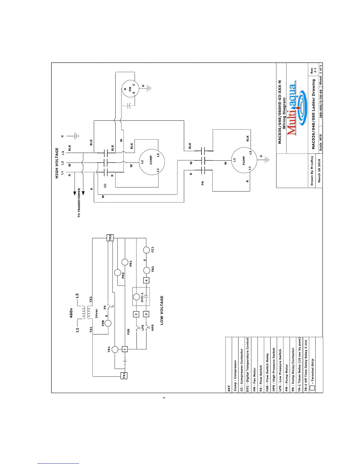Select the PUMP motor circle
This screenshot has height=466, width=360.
point(244,160)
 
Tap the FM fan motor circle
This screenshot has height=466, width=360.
point(130,89)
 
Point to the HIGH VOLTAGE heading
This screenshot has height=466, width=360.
point(57,163)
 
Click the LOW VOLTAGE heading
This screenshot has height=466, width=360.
point(162,310)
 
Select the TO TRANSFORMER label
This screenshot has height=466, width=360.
point(79,203)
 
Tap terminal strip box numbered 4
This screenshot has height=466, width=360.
point(146,280)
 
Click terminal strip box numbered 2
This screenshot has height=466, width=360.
point(136,314)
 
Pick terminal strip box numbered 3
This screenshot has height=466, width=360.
point(146,314)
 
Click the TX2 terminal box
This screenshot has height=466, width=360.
point(110,238)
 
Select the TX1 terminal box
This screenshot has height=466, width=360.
point(124,375)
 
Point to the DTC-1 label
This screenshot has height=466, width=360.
point(142,297)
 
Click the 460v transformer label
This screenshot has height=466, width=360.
point(71,313)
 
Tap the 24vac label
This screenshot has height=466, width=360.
point(96,313)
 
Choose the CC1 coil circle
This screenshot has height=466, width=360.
point(146,250)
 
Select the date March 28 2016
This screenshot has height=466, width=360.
point(319,171)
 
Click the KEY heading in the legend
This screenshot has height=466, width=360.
point(229,388)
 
